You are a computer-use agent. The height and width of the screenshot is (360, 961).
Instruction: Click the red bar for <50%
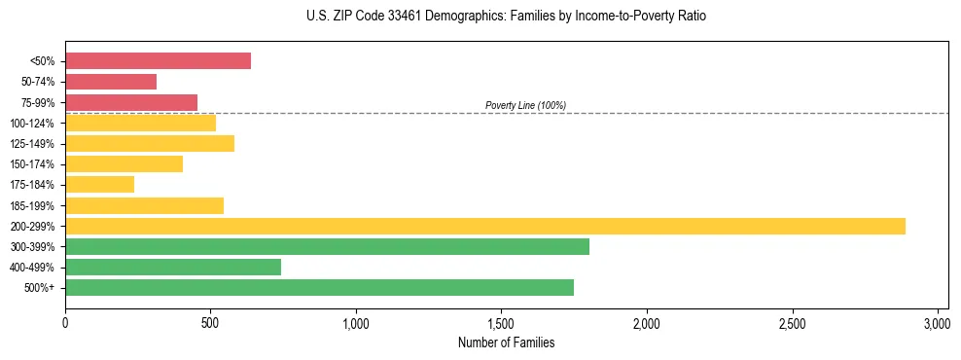158,61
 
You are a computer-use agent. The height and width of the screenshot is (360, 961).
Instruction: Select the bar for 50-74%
111,82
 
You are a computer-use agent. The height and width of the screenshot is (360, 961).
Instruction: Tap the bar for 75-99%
131,102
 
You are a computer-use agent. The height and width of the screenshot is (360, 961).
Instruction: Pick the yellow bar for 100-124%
140,123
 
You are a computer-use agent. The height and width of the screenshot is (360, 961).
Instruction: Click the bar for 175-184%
99,184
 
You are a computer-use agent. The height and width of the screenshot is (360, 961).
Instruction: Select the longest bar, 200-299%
485,226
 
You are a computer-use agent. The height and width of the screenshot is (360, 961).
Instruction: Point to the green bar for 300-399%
327,246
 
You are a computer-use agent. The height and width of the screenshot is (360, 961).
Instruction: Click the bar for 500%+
319,287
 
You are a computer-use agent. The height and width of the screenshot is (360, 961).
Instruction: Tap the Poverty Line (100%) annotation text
525,105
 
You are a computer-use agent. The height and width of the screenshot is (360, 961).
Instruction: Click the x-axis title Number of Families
507,342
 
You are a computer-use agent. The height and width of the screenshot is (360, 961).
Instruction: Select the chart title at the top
507,17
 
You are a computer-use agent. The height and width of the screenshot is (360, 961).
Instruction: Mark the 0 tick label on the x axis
65,323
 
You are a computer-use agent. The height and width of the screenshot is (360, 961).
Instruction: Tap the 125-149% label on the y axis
32,144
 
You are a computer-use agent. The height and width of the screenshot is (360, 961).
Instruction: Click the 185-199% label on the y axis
32,206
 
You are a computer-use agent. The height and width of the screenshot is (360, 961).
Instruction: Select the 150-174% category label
32,164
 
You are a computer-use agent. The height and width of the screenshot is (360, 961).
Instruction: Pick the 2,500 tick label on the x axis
792,323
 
